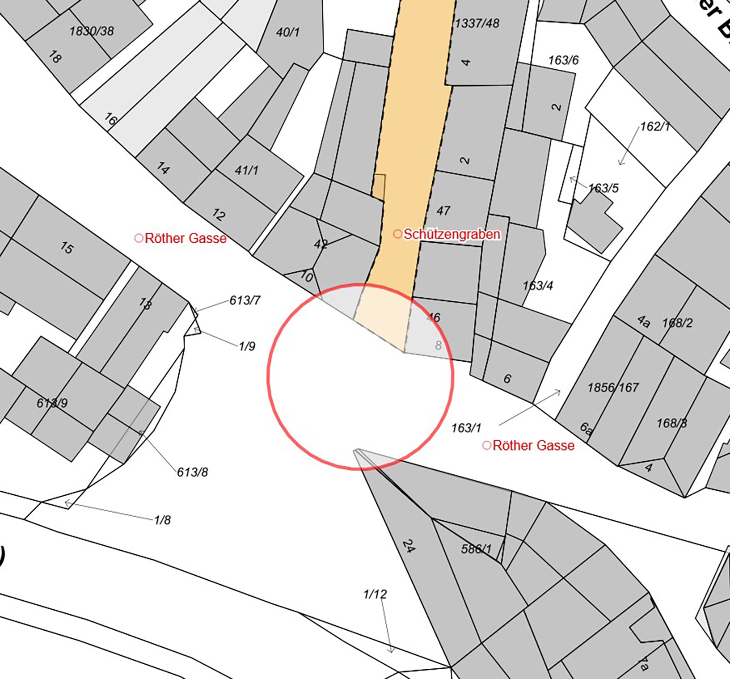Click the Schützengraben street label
coord(451,234)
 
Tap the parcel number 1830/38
coord(92,31)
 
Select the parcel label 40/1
coord(288,32)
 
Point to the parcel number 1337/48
coord(477,23)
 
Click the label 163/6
coord(563,60)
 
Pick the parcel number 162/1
coord(655,127)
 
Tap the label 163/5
coord(603,188)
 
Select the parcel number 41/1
coord(247,170)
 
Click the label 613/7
coord(245,300)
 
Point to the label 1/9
coord(247,346)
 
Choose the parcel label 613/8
coord(192,472)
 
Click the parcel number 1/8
coord(162,520)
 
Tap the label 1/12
coord(375,594)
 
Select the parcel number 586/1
coord(476,548)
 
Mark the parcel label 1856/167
coord(613,387)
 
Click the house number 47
coord(443,211)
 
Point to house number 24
coord(408,546)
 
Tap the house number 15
coord(67,248)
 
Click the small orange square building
coord(379,187)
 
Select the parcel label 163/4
coord(538,285)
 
